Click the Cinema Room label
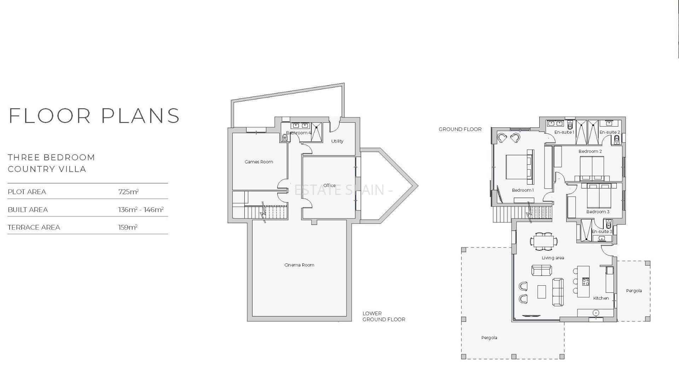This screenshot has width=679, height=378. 299,265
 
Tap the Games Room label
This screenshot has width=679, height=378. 259,162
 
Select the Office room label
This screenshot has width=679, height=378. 329,185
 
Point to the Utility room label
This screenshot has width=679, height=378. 337,141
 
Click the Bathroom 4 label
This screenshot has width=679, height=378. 299,133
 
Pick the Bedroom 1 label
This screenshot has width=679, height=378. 523,190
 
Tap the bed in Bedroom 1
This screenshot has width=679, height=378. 520,167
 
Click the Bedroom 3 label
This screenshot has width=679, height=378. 598,212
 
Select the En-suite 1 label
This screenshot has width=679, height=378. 564,132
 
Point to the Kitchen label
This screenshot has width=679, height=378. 601,298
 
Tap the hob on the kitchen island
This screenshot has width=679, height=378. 586,281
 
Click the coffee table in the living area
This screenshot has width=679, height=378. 542,292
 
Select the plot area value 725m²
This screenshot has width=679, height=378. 128,192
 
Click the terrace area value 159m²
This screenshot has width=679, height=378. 128,227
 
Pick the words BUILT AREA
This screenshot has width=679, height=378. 28,210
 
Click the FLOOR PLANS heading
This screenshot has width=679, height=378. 94,116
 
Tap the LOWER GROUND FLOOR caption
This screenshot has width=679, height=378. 384,316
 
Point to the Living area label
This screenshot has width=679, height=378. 553,258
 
